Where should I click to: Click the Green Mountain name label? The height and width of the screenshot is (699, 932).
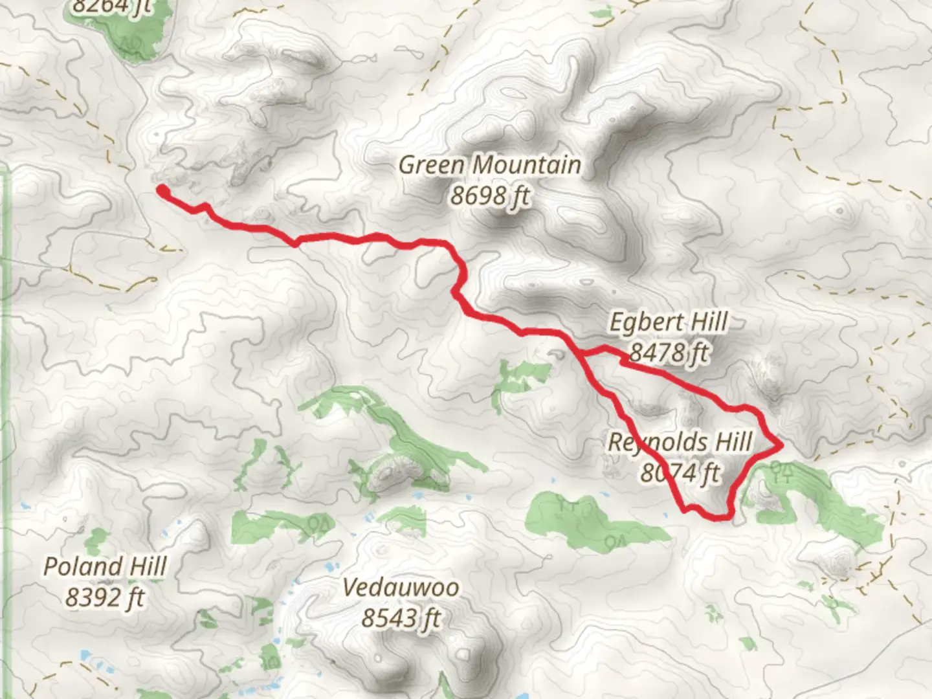click(x=489, y=165)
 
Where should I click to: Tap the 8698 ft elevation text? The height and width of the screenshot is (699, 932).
click(x=489, y=194)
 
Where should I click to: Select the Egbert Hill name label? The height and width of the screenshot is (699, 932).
click(x=669, y=322)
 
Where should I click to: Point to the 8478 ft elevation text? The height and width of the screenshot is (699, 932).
click(x=669, y=353)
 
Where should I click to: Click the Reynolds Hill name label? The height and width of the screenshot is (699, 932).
click(x=680, y=443)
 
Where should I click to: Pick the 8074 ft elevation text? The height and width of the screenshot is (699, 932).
click(x=680, y=472)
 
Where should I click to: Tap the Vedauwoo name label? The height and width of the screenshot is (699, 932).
click(x=401, y=588)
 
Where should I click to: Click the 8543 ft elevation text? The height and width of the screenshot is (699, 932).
click(x=401, y=618)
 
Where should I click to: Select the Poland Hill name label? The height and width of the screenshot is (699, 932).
click(x=105, y=567)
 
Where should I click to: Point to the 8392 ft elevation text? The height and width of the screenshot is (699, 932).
click(x=105, y=597)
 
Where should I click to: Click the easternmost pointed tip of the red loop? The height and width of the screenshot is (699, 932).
click(x=782, y=445)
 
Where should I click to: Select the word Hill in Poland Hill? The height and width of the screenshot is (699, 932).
click(x=143, y=567)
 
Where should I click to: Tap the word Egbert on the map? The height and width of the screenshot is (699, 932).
click(x=641, y=322)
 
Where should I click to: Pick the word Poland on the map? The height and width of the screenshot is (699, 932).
click(x=79, y=567)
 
